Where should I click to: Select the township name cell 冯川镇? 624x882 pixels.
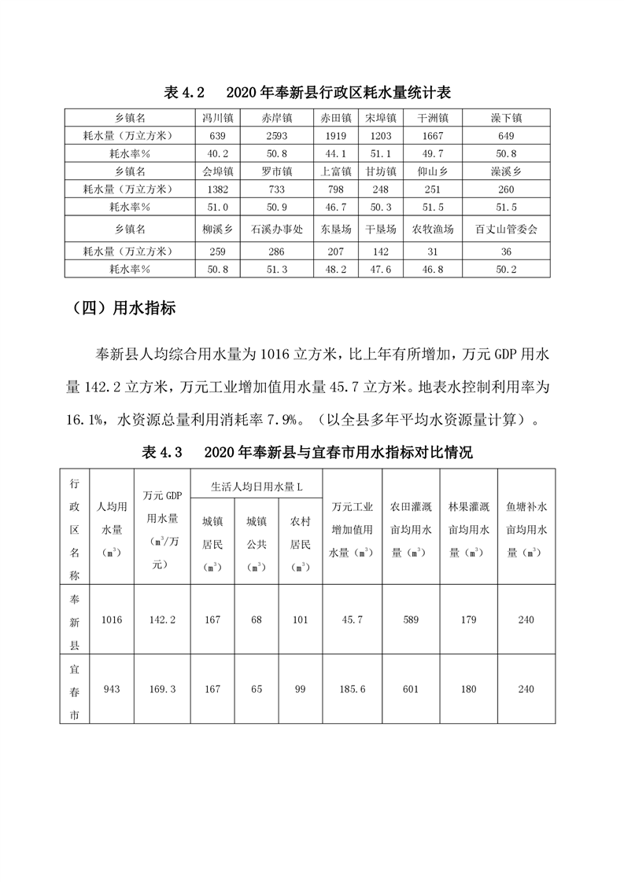(217, 118)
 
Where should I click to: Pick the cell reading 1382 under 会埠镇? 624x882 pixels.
(217, 188)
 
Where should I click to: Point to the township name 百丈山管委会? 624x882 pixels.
(506, 230)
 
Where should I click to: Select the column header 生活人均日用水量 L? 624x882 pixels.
(256, 487)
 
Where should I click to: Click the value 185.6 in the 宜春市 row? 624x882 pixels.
(352, 689)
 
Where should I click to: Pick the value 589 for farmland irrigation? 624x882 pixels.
(410, 620)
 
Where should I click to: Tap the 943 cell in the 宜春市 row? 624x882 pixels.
(112, 689)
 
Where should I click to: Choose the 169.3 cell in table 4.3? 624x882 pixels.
(161, 689)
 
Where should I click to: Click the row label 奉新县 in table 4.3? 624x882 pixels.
(75, 620)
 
